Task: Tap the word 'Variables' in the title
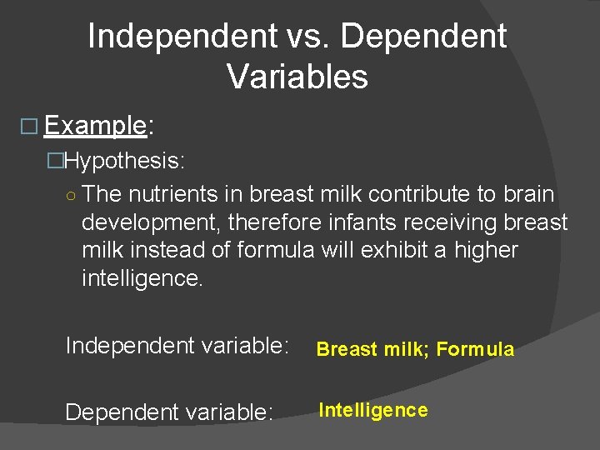pyautogui.click(x=297, y=77)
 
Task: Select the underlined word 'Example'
pyautogui.click(x=95, y=126)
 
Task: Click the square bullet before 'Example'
pyautogui.click(x=29, y=127)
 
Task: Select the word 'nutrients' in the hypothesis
pyautogui.click(x=173, y=194)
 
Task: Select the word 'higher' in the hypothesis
pyautogui.click(x=486, y=250)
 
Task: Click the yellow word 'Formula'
pyautogui.click(x=475, y=350)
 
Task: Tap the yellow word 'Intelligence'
pyautogui.click(x=373, y=410)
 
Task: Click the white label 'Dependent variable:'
pyautogui.click(x=169, y=412)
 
